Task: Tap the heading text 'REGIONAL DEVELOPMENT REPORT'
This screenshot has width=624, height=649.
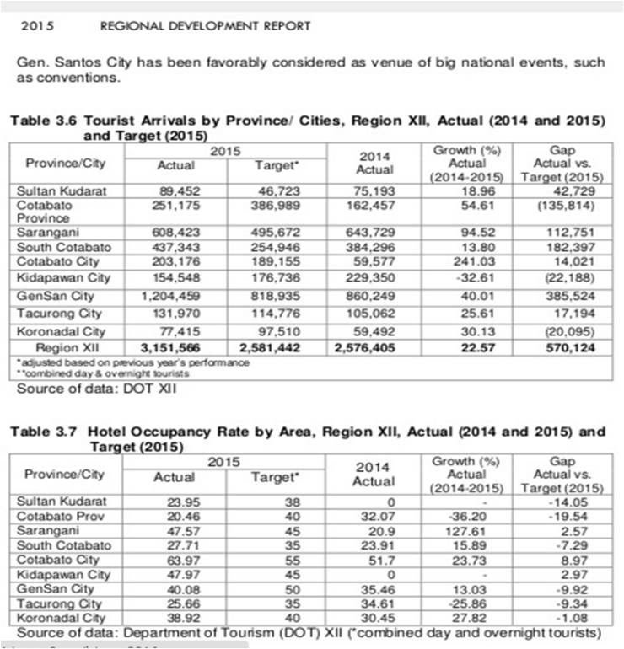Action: point(206,26)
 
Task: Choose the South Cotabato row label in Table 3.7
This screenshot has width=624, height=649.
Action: point(64,545)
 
